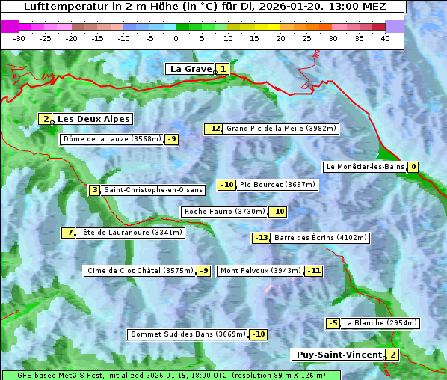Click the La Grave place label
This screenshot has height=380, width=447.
click(191, 69)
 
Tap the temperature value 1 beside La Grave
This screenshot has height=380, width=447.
click(223, 69)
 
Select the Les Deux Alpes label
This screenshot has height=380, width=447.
click(93, 119)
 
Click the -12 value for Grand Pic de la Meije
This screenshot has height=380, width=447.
click(214, 129)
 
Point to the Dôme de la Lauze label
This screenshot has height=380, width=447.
click(112, 139)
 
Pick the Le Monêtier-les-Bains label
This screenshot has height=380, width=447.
click(364, 167)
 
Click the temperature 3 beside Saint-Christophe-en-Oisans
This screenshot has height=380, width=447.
click(94, 190)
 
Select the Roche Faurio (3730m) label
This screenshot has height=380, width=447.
click(224, 212)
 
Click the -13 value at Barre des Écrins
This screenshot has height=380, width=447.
click(261, 238)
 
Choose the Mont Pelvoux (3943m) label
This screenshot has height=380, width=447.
click(260, 271)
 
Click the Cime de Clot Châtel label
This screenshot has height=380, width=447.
click(139, 271)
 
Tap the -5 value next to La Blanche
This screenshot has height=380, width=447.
click(333, 323)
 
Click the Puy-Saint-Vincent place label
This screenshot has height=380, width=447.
click(338, 355)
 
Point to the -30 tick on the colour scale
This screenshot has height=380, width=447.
click(19, 38)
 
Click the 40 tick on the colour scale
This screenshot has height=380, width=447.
click(385, 38)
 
